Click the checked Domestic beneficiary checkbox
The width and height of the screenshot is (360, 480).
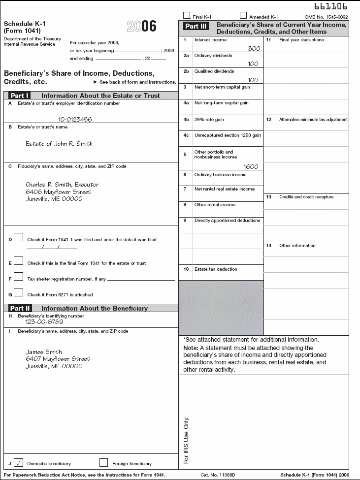(19, 462)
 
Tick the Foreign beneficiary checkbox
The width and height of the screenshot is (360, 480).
(103, 462)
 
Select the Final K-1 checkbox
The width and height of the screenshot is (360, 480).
(187, 15)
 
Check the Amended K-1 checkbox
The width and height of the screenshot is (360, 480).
(243, 15)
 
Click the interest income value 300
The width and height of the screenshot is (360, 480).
(254, 49)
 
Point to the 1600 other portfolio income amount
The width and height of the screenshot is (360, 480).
(251, 166)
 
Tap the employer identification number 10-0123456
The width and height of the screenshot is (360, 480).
(75, 119)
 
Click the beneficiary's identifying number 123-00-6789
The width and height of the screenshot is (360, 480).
(44, 321)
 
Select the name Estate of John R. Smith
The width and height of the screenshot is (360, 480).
(59, 144)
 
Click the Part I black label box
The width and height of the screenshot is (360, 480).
(20, 96)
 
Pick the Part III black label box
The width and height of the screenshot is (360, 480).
(196, 27)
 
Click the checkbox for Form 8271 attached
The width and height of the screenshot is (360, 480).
(19, 292)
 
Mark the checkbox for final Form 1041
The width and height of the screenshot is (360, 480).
(19, 261)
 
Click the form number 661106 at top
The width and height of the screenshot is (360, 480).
(330, 6)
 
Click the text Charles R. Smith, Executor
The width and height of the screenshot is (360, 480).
(62, 185)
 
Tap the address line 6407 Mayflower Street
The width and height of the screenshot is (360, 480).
(58, 359)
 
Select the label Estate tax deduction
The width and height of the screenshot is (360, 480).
(216, 269)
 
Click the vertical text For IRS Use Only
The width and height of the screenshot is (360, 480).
(186, 441)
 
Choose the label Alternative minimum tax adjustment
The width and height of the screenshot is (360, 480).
(313, 120)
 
